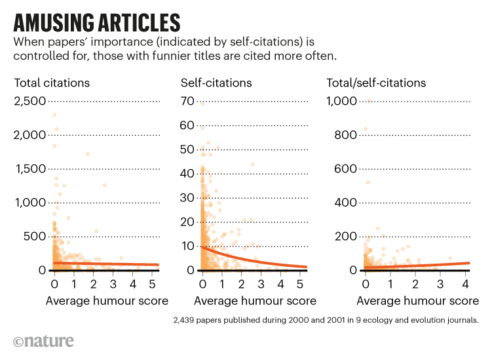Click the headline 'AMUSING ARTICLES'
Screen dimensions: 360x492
[97, 23]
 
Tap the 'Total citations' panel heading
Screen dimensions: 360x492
[52, 83]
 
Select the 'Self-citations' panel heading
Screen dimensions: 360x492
[216, 83]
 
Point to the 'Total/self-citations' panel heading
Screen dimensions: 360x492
[376, 83]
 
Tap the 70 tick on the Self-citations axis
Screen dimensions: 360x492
[189, 101]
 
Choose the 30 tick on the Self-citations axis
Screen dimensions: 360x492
[189, 197]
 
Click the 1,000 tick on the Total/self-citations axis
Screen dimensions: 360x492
[341, 101]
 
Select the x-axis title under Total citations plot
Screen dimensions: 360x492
[107, 302]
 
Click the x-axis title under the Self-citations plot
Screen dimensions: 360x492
[255, 302]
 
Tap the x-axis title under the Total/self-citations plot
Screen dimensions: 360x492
[417, 302]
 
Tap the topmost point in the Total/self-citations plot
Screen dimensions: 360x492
[369, 100]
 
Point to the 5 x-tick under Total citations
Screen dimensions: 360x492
[153, 285]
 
